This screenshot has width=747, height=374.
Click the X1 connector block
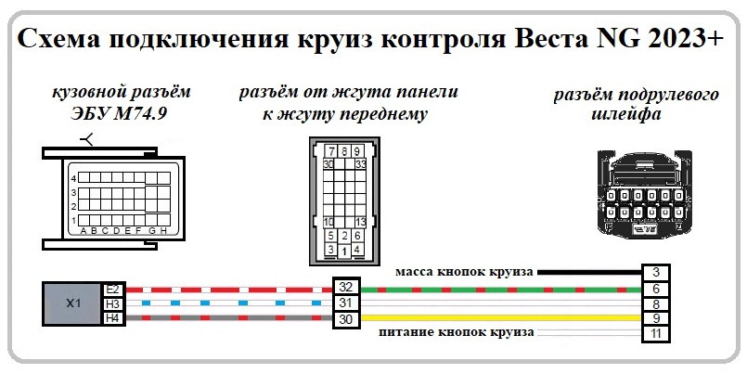73,303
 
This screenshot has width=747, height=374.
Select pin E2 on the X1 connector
113,289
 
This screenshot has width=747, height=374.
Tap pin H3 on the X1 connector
113,303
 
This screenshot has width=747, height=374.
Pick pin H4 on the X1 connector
113,318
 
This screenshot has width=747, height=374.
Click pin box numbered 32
346,288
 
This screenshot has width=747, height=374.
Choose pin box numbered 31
346,303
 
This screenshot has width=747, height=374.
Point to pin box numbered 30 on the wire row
346,319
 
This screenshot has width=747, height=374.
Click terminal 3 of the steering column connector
655,272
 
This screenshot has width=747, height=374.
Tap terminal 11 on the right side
655,333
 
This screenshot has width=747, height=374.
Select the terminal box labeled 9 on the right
655,318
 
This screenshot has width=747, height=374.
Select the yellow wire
501,318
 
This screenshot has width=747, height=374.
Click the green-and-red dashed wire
501,289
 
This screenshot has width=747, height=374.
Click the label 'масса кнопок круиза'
463,272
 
